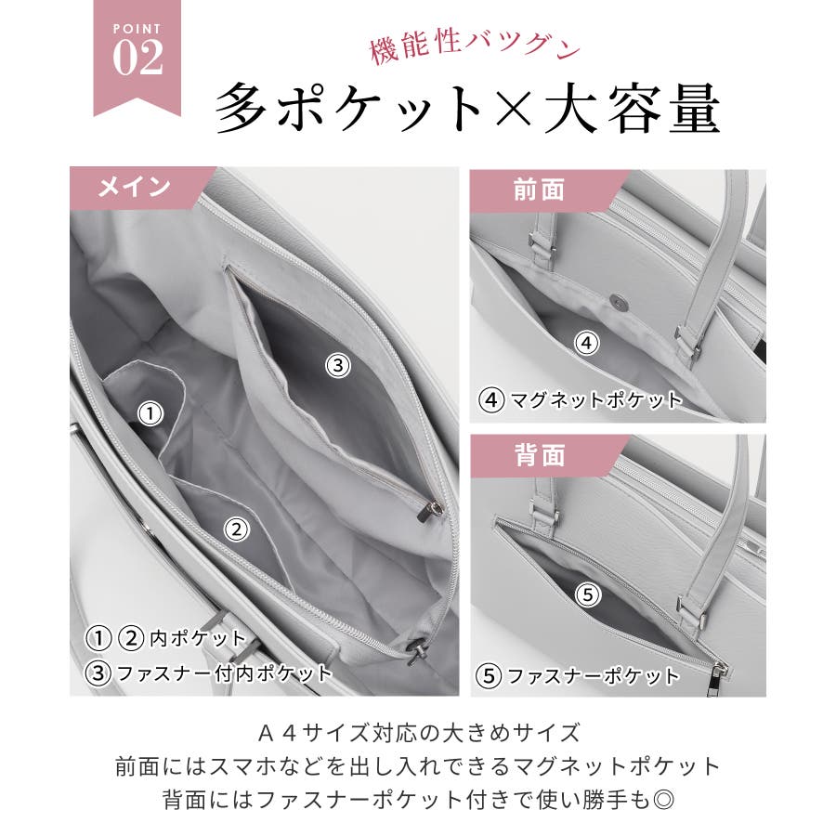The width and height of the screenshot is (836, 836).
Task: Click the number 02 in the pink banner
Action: point(137,58)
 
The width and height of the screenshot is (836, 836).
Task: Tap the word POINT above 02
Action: point(137,29)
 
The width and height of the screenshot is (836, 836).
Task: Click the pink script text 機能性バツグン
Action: point(475,48)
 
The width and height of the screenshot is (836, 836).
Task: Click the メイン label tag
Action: point(135,187)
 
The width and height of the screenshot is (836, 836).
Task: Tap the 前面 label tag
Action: point(539,190)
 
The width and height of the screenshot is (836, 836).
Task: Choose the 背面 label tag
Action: point(539,456)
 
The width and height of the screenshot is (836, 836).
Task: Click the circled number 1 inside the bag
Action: point(150,413)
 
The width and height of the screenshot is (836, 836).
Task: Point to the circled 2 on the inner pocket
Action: point(237,529)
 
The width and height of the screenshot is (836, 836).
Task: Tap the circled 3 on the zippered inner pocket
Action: point(338,366)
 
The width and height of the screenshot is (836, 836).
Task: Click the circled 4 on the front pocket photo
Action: point(586,343)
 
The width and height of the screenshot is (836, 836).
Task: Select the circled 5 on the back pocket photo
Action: point(588,594)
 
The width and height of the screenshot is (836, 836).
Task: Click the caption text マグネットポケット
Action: point(596,399)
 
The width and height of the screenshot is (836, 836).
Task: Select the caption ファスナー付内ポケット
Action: point(225,673)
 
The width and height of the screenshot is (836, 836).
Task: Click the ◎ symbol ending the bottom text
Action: point(664,799)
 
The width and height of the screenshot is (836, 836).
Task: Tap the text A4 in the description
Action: point(277,734)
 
